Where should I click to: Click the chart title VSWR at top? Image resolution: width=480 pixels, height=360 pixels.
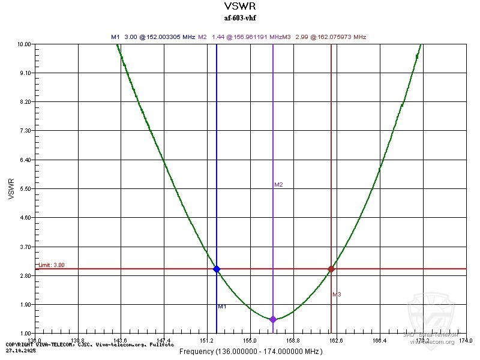coord(239,7)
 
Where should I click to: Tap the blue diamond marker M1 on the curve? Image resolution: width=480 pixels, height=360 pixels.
coord(217,269)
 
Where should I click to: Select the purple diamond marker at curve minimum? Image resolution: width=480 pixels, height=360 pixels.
coord(273,319)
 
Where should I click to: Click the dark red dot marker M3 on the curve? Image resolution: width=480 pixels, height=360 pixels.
coord(331,269)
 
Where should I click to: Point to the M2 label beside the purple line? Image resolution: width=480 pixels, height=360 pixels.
coord(278,185)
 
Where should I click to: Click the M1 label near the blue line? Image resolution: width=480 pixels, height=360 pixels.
coord(222,307)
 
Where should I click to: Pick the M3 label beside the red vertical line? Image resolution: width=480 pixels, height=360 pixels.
coord(337,295)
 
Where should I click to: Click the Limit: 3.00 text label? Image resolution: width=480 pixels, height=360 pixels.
coord(52,265)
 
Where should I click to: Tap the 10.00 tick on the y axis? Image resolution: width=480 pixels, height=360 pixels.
coord(24,44)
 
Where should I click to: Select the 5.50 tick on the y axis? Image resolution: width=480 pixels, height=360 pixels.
coord(25,188)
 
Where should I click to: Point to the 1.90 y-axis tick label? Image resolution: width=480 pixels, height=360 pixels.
coord(25,304)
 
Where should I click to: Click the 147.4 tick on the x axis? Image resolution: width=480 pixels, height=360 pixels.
coord(164,340)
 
